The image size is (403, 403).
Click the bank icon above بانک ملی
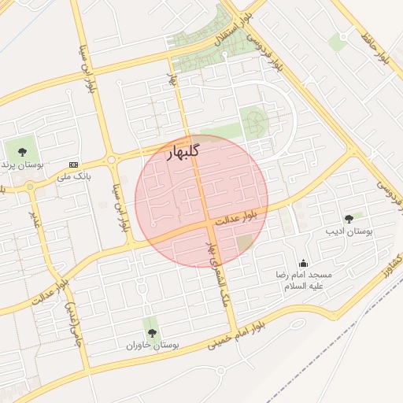pos(74,165)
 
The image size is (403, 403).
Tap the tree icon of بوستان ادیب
pos(349,218)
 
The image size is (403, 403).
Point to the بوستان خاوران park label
pos(153,346)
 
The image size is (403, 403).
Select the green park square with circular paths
pos(253,123)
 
